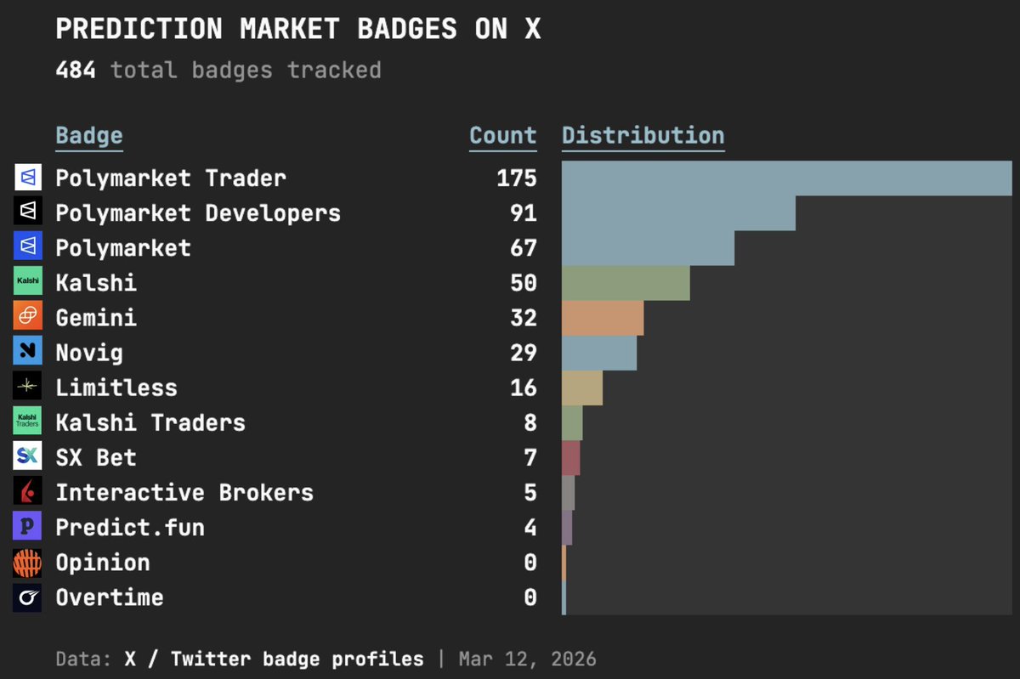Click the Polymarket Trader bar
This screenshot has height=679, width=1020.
[786, 178]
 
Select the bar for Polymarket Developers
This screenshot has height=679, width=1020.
[678, 212]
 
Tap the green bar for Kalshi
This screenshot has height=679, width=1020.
[626, 283]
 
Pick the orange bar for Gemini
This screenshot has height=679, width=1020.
[603, 318]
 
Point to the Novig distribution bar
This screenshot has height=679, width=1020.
[599, 353]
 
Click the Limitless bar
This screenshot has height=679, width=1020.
[582, 388]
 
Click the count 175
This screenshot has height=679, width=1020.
[517, 178]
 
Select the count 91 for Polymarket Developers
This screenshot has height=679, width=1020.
[524, 212]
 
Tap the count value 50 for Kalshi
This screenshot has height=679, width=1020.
[524, 283]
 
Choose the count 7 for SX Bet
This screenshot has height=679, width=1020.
[530, 457]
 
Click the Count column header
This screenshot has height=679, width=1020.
[503, 136]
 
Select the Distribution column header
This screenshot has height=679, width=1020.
[643, 136]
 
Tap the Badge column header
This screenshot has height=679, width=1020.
[89, 136]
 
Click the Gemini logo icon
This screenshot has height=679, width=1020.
[27, 317]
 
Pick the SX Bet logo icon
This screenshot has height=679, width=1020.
[27, 456]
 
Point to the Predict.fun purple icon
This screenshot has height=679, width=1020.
[27, 526]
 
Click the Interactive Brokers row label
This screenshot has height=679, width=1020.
[184, 492]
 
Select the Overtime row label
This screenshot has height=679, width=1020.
[110, 597]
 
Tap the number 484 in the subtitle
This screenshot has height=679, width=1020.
[76, 70]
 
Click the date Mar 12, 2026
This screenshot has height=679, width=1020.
[528, 659]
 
